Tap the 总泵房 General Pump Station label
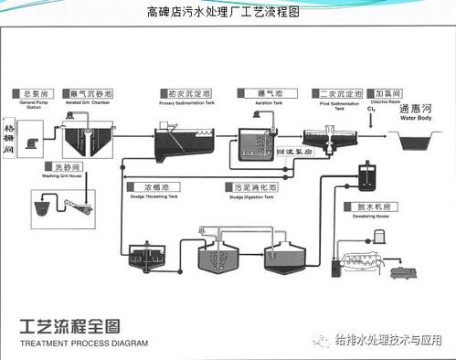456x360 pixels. tap(36, 94)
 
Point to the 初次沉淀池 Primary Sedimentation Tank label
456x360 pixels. tap(186, 94)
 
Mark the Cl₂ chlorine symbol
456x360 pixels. tap(372, 111)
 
